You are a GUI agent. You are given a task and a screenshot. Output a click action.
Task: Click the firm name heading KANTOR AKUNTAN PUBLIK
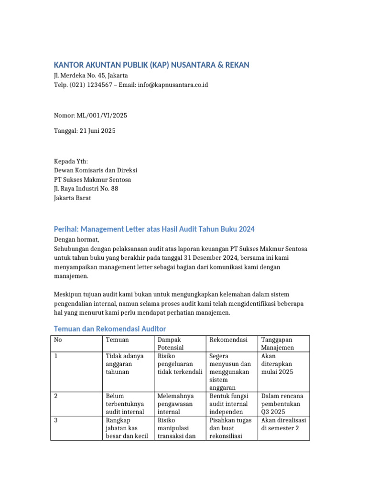151,65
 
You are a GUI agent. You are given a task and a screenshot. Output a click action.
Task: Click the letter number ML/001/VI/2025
102,116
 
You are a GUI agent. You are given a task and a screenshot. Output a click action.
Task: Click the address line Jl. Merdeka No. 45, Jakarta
91,75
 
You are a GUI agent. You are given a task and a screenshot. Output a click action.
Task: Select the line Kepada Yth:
71,161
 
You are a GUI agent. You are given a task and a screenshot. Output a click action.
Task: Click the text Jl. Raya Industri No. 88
86,189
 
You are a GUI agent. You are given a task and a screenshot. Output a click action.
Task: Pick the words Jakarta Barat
72,198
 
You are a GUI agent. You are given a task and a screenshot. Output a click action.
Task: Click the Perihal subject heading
154,229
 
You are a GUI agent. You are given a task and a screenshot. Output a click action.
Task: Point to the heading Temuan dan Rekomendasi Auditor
110,329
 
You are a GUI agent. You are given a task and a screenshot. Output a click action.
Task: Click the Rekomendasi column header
228,340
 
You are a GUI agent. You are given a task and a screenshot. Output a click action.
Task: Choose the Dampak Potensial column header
171,343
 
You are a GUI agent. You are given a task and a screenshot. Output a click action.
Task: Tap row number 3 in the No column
56,420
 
